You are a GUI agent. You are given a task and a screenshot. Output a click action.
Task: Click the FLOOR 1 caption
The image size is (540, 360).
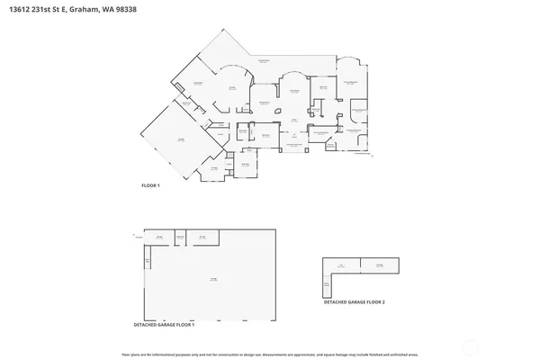point(149,185)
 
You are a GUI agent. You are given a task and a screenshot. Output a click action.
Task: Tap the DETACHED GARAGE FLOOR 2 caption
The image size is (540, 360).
point(354,302)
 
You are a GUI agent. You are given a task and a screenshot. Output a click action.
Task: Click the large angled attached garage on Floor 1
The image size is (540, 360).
point(180,140)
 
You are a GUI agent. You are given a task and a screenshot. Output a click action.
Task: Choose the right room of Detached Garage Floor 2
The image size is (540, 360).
point(379,265)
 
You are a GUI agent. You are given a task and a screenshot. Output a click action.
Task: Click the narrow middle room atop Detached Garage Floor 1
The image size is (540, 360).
point(180,237)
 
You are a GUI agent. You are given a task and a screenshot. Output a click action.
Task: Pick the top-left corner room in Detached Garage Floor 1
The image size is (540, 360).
point(158,237)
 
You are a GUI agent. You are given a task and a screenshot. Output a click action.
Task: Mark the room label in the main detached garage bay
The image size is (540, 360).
point(213,280)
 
